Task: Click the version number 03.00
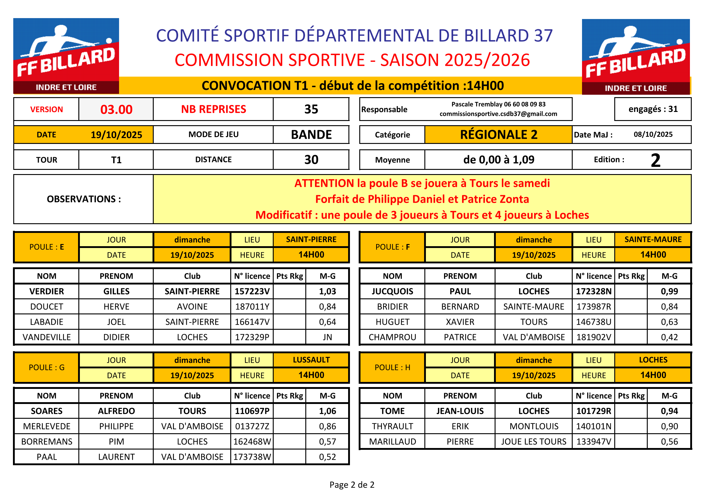(116, 110)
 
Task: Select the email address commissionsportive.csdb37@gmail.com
(498, 114)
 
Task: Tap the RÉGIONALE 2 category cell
(498, 135)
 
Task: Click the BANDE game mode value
(311, 135)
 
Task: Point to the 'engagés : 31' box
(653, 109)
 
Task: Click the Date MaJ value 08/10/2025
(653, 134)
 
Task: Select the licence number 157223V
(252, 291)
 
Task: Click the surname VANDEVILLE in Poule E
(47, 337)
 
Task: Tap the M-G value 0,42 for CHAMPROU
(669, 337)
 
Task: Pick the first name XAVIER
(460, 322)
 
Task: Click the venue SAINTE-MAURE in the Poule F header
(653, 239)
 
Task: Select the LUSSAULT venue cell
(311, 360)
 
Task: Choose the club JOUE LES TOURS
(534, 442)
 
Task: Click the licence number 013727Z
(252, 426)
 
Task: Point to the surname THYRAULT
(392, 426)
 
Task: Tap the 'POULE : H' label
(392, 367)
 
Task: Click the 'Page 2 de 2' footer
(352, 485)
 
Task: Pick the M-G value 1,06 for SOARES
(327, 411)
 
